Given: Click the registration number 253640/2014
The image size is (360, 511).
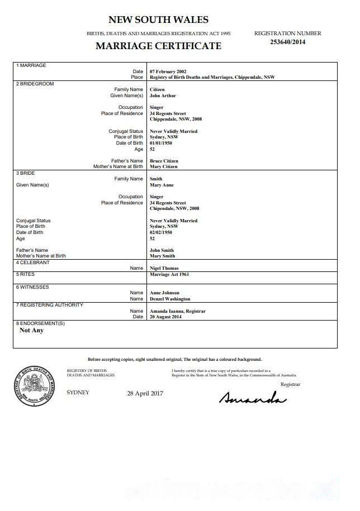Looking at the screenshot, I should tap(287, 41).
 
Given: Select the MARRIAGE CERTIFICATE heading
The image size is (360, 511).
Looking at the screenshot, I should tap(158, 46).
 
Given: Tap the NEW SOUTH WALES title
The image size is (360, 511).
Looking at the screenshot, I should tap(158, 20).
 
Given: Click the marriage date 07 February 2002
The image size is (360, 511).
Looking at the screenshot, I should tap(168, 72).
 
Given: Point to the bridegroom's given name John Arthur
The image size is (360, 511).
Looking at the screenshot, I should tap(163, 95).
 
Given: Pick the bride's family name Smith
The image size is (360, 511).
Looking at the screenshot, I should tap(156, 179).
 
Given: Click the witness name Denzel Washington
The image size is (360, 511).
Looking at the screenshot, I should tap(170, 299).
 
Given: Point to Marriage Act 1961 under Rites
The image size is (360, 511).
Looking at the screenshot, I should tap(169, 275).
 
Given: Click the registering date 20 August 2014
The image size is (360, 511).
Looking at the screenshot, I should tap(167, 317).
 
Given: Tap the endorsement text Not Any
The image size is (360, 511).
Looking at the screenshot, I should tap(31, 330).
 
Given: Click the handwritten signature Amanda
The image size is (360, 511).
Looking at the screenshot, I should tap(253, 397).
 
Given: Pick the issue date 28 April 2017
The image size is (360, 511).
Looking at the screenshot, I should tap(145, 393).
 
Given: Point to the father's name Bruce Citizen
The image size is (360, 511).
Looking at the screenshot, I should tap(164, 161).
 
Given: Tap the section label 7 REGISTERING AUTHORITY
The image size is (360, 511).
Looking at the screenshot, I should tap(50, 305).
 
